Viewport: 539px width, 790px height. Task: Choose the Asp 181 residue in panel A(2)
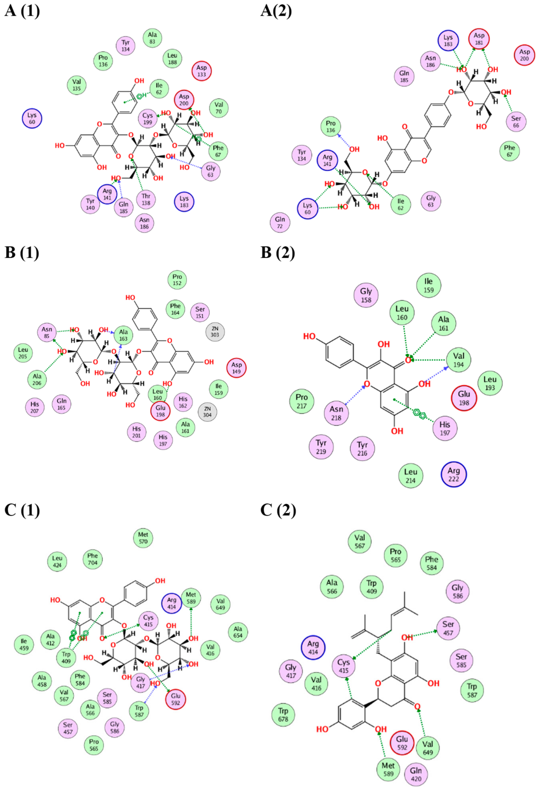click(479, 39)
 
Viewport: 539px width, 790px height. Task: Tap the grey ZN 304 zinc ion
click(207, 412)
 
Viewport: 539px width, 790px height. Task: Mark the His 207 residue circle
click(35, 407)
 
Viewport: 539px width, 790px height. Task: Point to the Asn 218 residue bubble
click(336, 413)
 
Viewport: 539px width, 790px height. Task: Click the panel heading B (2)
click(278, 253)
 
